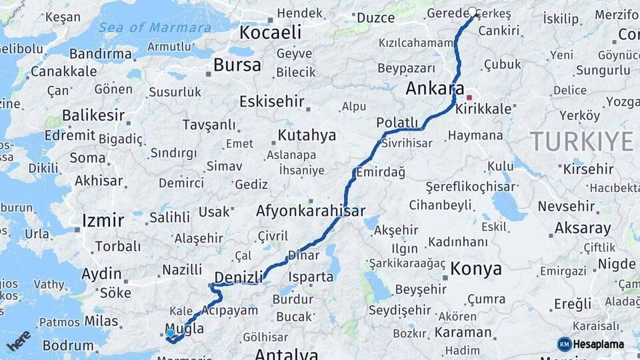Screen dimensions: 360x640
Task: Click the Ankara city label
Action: coord(435,89)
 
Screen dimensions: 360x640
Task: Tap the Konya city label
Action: coord(476,269)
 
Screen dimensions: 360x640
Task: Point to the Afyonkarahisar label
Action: coord(311,211)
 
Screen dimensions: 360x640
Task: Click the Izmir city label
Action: coord(103,221)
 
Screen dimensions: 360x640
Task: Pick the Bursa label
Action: coord(237,65)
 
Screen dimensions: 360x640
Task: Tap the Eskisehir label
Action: coord(272,102)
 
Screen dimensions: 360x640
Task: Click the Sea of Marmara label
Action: coord(155,27)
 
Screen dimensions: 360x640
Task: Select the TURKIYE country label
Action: coord(581,141)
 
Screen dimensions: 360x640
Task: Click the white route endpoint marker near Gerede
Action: coord(473,12)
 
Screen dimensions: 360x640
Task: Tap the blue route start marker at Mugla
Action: coord(171,333)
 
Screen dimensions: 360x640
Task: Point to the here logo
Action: coord(19,340)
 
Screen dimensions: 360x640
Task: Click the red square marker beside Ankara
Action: coord(469,97)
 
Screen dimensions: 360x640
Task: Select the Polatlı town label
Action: coord(397,123)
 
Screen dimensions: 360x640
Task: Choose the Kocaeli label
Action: coord(270,32)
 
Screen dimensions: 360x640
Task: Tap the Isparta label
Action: coord(311,276)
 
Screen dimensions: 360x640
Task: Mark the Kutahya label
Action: coord(307,135)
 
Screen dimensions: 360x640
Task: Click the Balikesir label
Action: coord(93,115)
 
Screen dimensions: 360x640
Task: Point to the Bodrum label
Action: coord(68,345)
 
